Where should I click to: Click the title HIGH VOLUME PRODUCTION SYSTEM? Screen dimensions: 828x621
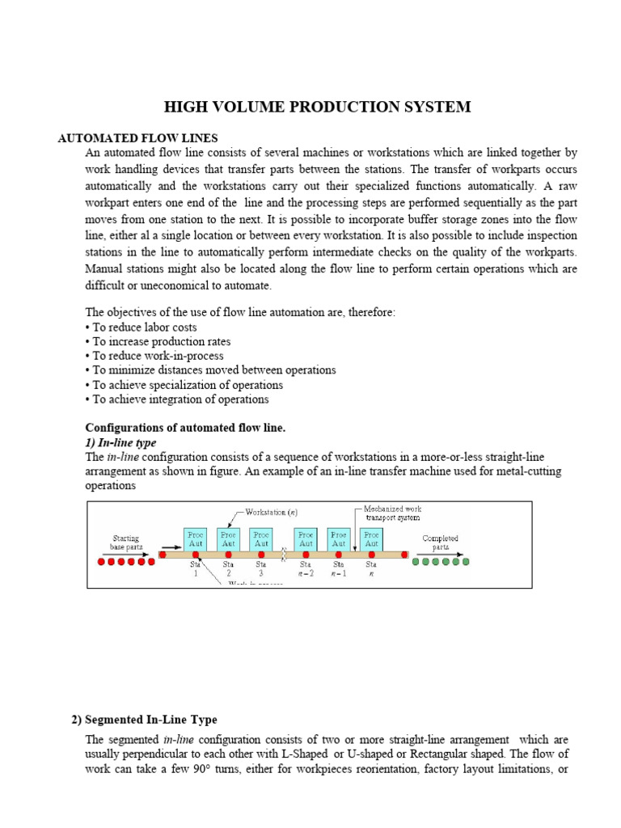tap(317, 107)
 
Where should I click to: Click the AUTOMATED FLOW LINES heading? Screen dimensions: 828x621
tap(138, 138)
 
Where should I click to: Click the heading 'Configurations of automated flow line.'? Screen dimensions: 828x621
tap(186, 428)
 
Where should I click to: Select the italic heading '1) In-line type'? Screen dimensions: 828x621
tap(120, 443)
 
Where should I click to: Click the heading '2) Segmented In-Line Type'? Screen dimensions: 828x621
tap(145, 720)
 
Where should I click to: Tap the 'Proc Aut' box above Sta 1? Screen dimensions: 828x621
tap(196, 539)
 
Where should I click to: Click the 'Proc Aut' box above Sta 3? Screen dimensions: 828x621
tap(260, 539)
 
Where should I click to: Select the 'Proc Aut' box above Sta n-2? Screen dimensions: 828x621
tap(306, 539)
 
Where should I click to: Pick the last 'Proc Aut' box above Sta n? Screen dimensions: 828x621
tap(371, 539)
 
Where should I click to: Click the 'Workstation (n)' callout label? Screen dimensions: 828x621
tap(272, 512)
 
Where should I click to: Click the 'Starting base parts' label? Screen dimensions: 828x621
tap(125, 541)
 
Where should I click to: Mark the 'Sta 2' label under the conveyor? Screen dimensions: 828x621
tap(228, 569)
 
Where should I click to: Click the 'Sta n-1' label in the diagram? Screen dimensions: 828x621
tap(339, 569)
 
